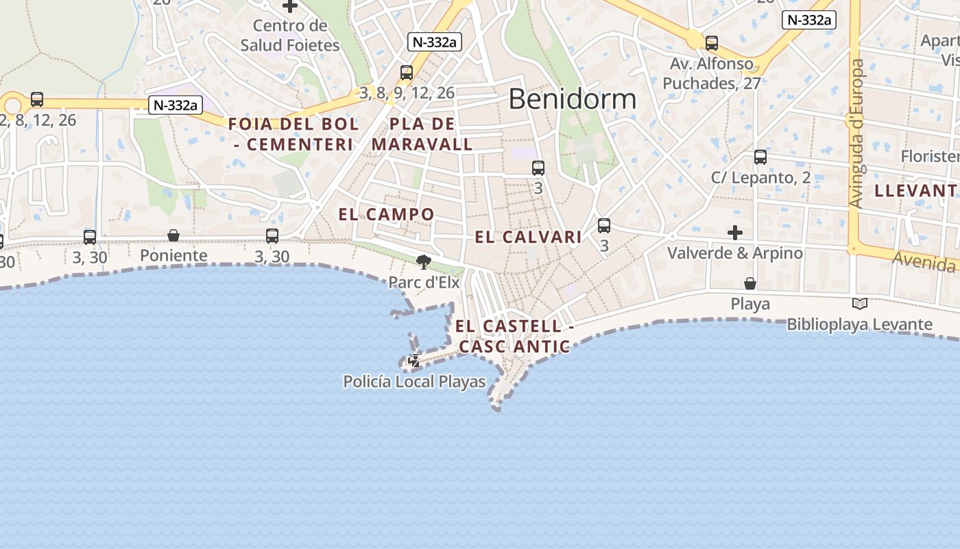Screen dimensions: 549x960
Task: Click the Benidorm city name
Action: tap(573, 100)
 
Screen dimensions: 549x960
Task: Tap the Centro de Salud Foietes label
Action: tap(290, 36)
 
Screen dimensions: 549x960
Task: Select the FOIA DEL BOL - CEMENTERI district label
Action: tap(293, 135)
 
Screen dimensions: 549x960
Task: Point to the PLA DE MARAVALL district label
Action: tap(422, 135)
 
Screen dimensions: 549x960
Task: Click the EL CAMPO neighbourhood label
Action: tap(387, 214)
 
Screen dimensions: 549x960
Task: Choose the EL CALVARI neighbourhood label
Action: tap(528, 237)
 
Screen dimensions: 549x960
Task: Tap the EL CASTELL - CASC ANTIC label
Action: tap(514, 336)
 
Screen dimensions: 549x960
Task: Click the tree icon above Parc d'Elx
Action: tap(424, 261)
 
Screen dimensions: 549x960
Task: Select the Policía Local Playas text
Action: tap(414, 382)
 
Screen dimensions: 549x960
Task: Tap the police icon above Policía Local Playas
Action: tap(414, 360)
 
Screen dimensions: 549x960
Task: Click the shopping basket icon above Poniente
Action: tap(173, 235)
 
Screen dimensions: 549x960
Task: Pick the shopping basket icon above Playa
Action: tap(750, 283)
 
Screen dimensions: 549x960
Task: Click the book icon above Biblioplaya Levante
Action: tap(859, 303)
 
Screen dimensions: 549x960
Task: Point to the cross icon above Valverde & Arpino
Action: tap(735, 233)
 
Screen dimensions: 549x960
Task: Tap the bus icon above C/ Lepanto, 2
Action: tap(760, 157)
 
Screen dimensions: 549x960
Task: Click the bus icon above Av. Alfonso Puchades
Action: tap(712, 43)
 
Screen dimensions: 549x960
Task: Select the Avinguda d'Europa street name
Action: tap(856, 134)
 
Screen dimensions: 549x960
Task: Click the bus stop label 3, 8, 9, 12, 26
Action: tap(407, 93)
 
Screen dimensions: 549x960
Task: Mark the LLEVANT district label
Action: tap(915, 191)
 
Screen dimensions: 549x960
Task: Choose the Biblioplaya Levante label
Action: tap(859, 325)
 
